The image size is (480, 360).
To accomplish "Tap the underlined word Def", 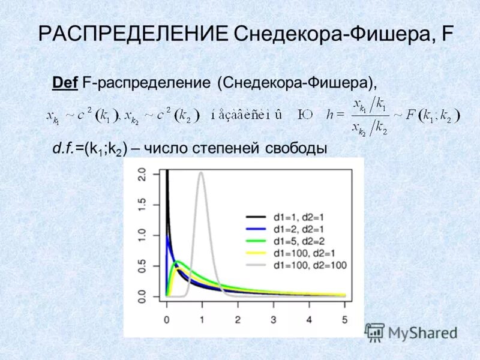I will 65,82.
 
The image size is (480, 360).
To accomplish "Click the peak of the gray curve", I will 201,173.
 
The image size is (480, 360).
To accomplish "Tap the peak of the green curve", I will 177,262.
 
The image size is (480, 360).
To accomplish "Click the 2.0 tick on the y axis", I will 142,175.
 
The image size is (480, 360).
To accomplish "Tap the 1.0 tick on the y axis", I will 142,236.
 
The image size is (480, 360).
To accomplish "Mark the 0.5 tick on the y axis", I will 142,266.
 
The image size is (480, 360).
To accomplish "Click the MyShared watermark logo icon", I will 375,332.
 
